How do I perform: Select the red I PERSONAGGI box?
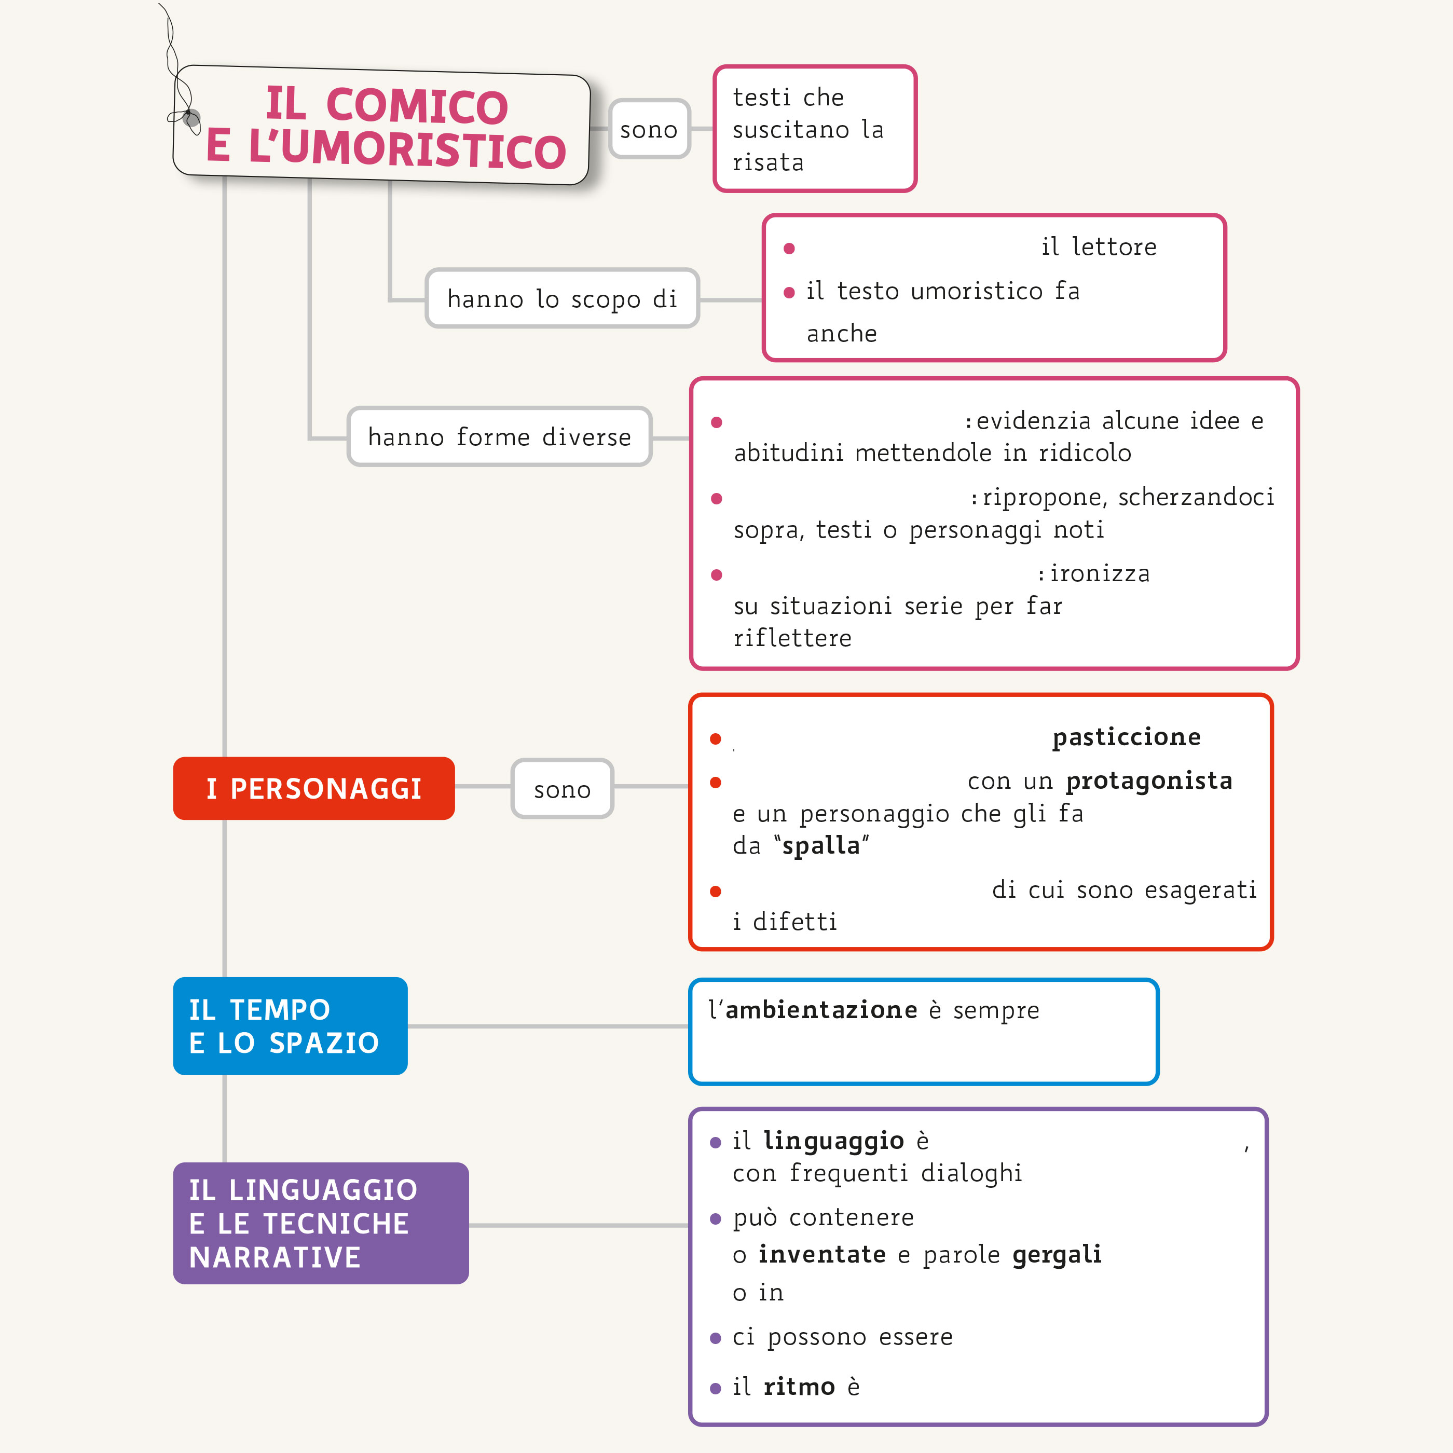[313, 788]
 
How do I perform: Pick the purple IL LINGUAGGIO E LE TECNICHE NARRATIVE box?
[320, 1223]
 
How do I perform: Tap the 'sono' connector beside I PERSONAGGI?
[562, 789]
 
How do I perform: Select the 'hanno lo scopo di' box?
[562, 298]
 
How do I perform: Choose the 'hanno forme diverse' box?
[499, 436]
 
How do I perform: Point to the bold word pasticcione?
[1126, 736]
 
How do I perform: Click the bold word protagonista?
[1148, 780]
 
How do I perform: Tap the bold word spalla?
[820, 845]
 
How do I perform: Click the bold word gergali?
[1057, 1254]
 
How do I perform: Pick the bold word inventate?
[821, 1254]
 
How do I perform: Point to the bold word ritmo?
[799, 1386]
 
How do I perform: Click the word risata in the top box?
[768, 162]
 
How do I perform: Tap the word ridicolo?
[1085, 453]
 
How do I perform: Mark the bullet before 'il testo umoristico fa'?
[789, 293]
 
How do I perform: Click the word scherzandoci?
[1196, 497]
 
